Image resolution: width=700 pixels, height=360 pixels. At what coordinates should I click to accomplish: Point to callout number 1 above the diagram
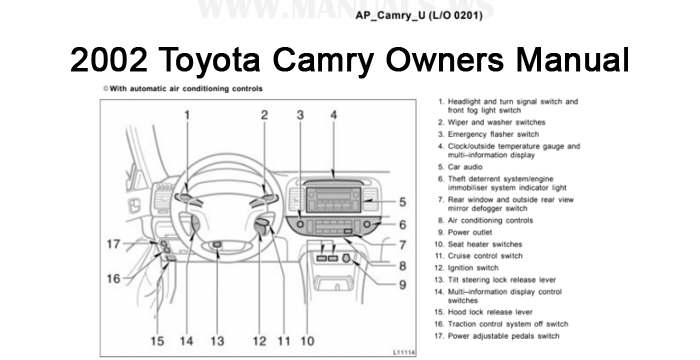click(187, 115)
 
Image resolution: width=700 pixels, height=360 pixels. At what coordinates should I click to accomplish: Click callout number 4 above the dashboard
click(334, 115)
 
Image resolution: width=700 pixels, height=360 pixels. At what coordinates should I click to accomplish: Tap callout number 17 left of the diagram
click(115, 244)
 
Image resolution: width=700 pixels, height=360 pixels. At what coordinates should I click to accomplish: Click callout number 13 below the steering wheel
click(217, 341)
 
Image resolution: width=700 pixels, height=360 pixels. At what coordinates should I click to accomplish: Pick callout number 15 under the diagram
click(157, 341)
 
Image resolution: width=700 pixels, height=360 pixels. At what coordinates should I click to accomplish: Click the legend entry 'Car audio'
click(468, 167)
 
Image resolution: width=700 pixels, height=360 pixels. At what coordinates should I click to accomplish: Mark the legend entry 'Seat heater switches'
click(485, 243)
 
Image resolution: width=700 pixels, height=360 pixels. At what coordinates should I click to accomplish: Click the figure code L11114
click(405, 353)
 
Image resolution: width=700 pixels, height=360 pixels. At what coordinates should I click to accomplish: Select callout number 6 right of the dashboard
click(401, 225)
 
